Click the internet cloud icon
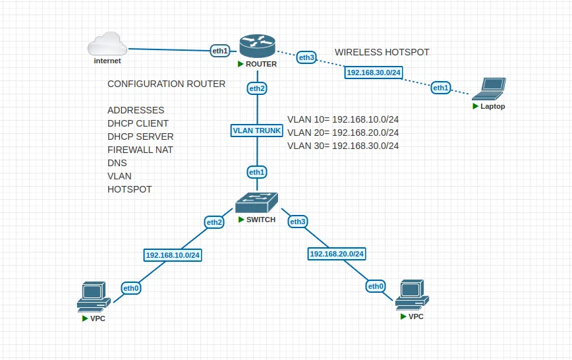[107, 44]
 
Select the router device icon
[257, 46]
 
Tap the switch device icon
[256, 202]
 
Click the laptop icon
[489, 89]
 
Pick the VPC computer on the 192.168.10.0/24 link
[94, 297]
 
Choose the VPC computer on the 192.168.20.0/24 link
[413, 295]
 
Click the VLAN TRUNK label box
[257, 131]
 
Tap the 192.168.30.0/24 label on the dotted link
[374, 73]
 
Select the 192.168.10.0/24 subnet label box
[173, 255]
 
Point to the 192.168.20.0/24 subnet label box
[337, 254]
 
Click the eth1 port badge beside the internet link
[220, 51]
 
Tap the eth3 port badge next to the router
[306, 57]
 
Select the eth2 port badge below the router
[257, 88]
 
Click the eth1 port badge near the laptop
[441, 88]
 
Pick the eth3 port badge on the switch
[298, 222]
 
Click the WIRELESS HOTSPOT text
[382, 52]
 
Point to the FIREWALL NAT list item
[140, 150]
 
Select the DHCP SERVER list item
[140, 136]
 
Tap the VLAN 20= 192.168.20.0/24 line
[343, 133]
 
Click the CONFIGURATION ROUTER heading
[166, 84]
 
